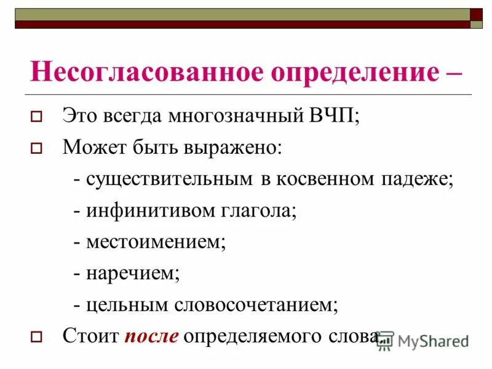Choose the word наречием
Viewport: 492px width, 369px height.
coord(133,273)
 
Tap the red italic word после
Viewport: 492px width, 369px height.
coord(152,336)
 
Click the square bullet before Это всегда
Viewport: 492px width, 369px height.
coord(36,116)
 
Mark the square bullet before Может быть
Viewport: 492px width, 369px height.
coord(36,148)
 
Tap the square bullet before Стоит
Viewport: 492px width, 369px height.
coord(36,336)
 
